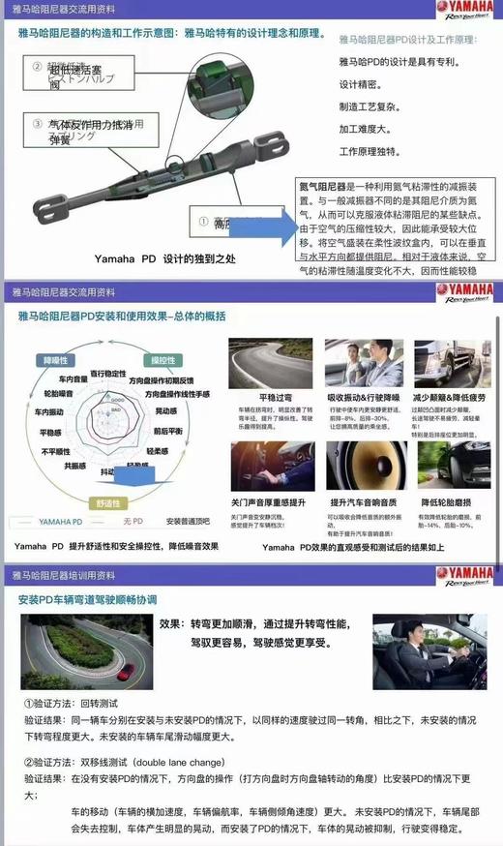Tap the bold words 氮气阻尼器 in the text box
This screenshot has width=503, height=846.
(x=325, y=184)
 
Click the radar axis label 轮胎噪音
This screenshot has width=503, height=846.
(x=61, y=395)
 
